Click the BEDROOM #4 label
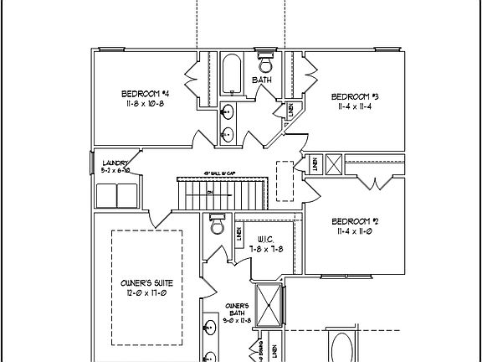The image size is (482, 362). pyautogui.click(x=146, y=93)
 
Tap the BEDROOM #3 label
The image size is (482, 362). pyautogui.click(x=356, y=96)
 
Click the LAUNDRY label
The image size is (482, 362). pyautogui.click(x=115, y=163)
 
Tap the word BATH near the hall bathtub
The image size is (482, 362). pyautogui.click(x=263, y=80)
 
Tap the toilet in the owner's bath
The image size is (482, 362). pyautogui.click(x=217, y=226)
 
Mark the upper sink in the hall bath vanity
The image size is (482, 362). pyautogui.click(x=228, y=113)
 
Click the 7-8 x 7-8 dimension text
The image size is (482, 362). pyautogui.click(x=267, y=249)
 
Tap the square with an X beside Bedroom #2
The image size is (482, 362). pyautogui.click(x=332, y=163)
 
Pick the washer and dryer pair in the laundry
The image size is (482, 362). pyautogui.click(x=116, y=195)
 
